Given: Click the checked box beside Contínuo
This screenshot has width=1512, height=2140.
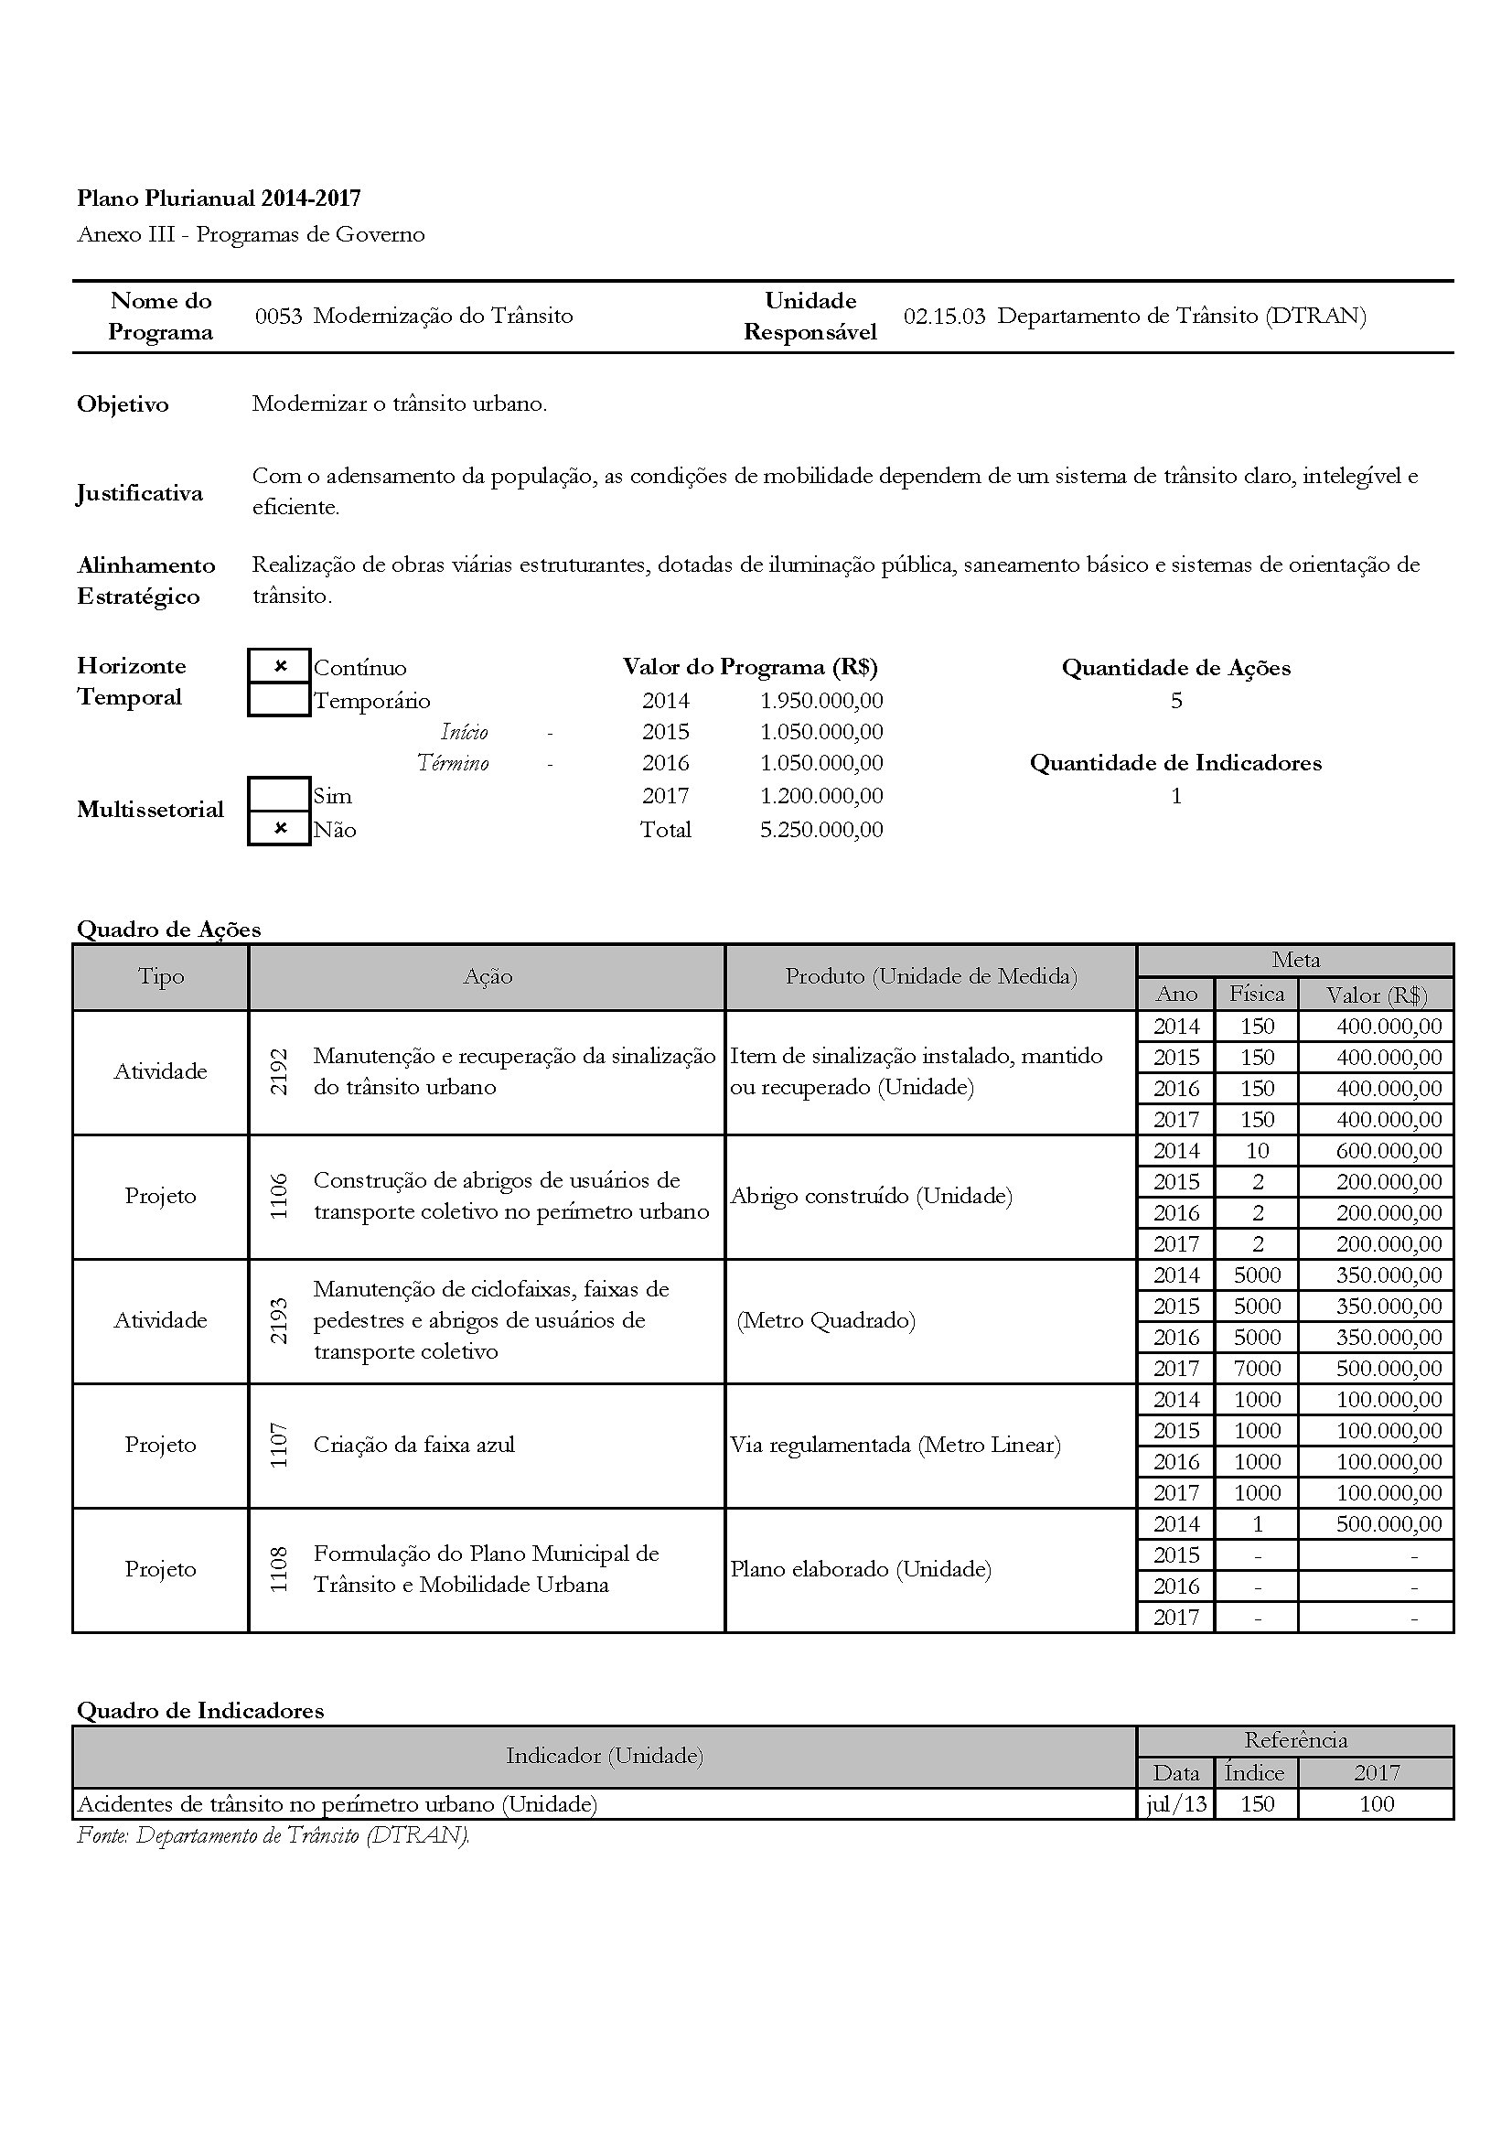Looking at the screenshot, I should pos(280,666).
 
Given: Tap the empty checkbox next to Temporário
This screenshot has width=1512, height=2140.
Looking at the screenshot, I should pos(280,700).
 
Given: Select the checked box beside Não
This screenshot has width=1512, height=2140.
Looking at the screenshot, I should pos(280,829).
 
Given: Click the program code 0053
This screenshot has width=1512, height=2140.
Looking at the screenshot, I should pos(279,316).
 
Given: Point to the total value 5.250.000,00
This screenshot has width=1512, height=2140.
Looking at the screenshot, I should pos(820,830).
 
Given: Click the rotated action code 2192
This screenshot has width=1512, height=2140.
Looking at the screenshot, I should pos(279,1072).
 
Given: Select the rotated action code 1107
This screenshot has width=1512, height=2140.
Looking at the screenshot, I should pos(279,1446).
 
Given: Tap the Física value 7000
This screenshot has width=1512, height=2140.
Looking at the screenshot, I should pos(1257,1368).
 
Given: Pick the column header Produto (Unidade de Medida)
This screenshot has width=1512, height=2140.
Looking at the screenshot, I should pos(930,977).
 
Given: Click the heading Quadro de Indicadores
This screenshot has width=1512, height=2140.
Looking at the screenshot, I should pos(200,1710).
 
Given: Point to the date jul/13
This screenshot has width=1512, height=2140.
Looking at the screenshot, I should pos(1175,1804).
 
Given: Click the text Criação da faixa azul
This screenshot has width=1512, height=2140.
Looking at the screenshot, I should pos(413,1445).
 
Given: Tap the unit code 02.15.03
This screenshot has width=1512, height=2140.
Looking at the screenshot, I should pos(944,316).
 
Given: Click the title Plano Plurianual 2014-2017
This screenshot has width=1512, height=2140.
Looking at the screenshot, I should pos(219,198).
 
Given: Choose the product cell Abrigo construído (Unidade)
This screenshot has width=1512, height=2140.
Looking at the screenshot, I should pos(871,1196).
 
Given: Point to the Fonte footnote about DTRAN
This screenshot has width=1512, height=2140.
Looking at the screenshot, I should pos(273,1835).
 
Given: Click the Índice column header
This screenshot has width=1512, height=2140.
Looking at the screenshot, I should pos(1255,1773).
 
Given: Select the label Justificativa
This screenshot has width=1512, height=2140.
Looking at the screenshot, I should pos(140,492).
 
